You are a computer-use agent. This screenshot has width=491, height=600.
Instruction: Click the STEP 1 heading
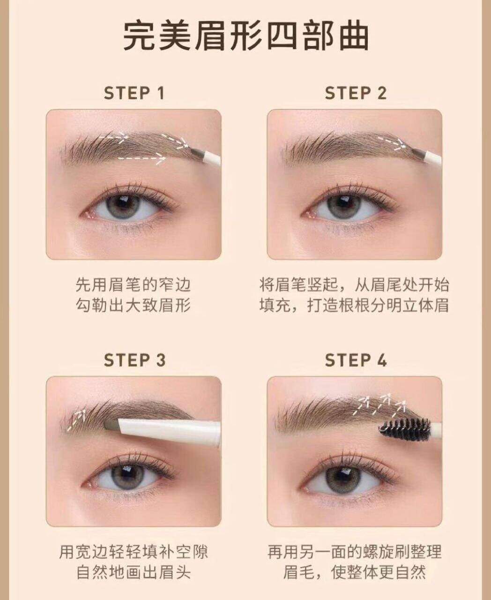[x=134, y=93]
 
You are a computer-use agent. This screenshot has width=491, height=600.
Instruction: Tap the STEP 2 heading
[x=356, y=93]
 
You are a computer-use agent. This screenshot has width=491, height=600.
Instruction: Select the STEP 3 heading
[x=134, y=360]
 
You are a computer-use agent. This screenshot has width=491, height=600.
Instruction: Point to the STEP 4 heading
[x=356, y=360]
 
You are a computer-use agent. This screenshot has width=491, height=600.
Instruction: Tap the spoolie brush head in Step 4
[x=404, y=427]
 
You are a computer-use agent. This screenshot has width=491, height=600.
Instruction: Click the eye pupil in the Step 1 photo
[x=124, y=204]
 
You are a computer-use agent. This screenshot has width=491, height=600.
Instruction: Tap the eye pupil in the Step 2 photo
[x=345, y=204]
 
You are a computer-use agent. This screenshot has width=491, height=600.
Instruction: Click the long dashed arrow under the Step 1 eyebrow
[x=141, y=158]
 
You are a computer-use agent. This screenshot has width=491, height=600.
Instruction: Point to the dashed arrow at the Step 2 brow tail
[x=395, y=143]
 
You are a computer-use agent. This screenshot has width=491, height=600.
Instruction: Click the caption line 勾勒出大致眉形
[x=133, y=306]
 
